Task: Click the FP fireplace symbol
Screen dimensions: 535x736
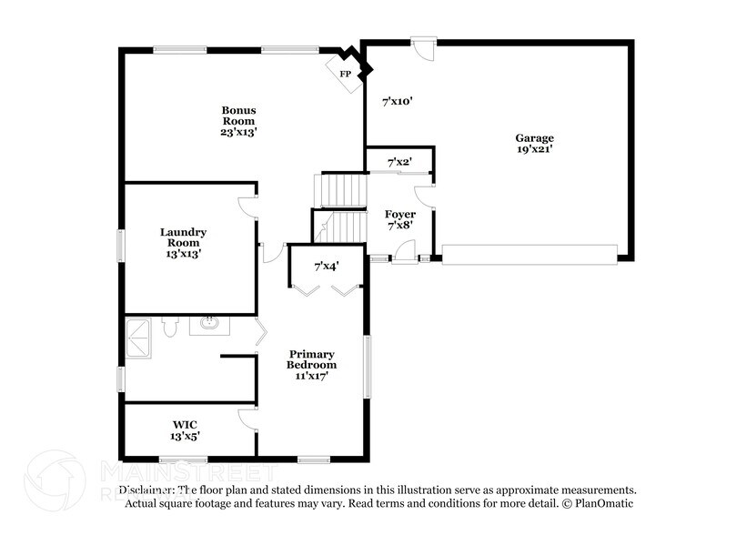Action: [347, 74]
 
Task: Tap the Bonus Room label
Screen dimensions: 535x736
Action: [239, 121]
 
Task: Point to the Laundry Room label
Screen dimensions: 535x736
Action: [184, 243]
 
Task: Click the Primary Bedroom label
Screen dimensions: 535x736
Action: [312, 363]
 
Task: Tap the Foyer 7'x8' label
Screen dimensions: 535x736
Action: [400, 220]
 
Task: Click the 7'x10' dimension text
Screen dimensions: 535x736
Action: [398, 101]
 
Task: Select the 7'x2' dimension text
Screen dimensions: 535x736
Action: [399, 162]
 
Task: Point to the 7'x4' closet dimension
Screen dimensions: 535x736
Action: [327, 267]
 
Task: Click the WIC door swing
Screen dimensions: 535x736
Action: [247, 419]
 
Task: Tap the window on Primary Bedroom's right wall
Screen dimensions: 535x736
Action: [368, 366]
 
